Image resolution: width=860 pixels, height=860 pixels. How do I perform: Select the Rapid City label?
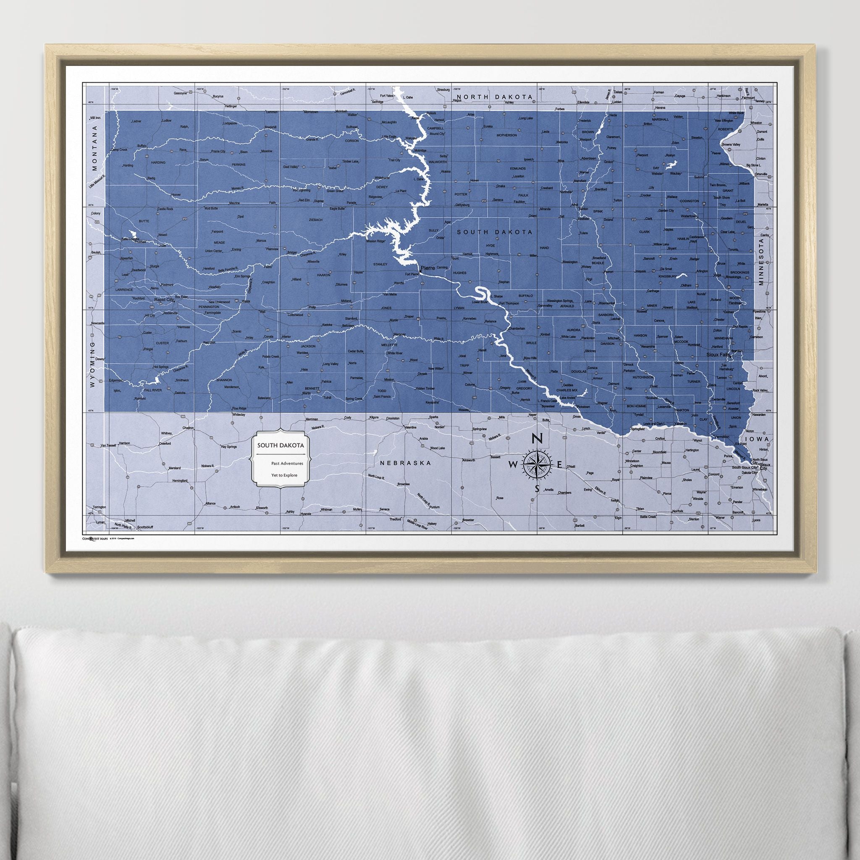point(163,299)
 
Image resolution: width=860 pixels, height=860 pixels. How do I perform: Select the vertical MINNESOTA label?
point(761,261)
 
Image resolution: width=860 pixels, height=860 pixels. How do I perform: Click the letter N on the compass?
point(537,438)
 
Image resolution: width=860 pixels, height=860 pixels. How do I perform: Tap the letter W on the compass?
point(513,465)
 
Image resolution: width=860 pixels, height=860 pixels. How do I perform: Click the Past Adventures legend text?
point(287,464)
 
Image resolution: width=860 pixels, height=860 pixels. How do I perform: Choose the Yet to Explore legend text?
point(284,475)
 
